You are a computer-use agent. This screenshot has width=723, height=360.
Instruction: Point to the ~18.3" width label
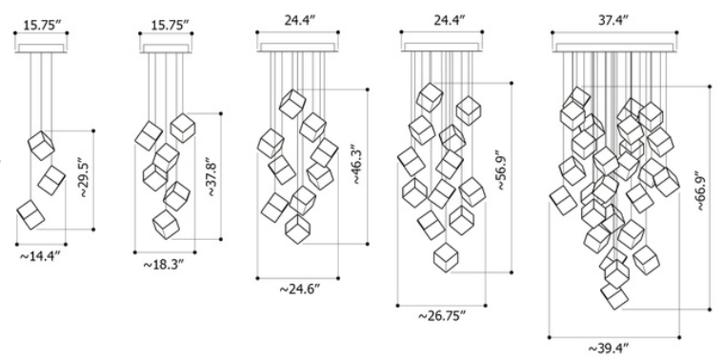pos(164,265)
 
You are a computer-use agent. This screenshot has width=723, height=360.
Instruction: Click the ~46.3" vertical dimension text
pos(360,167)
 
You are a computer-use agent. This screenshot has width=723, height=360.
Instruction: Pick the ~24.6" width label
pos(300,290)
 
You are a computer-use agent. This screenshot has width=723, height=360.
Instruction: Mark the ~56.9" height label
pos(503,170)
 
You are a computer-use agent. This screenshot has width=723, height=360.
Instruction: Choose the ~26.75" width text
pos(442,316)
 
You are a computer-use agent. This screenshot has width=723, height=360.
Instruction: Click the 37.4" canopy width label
pos(613,20)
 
